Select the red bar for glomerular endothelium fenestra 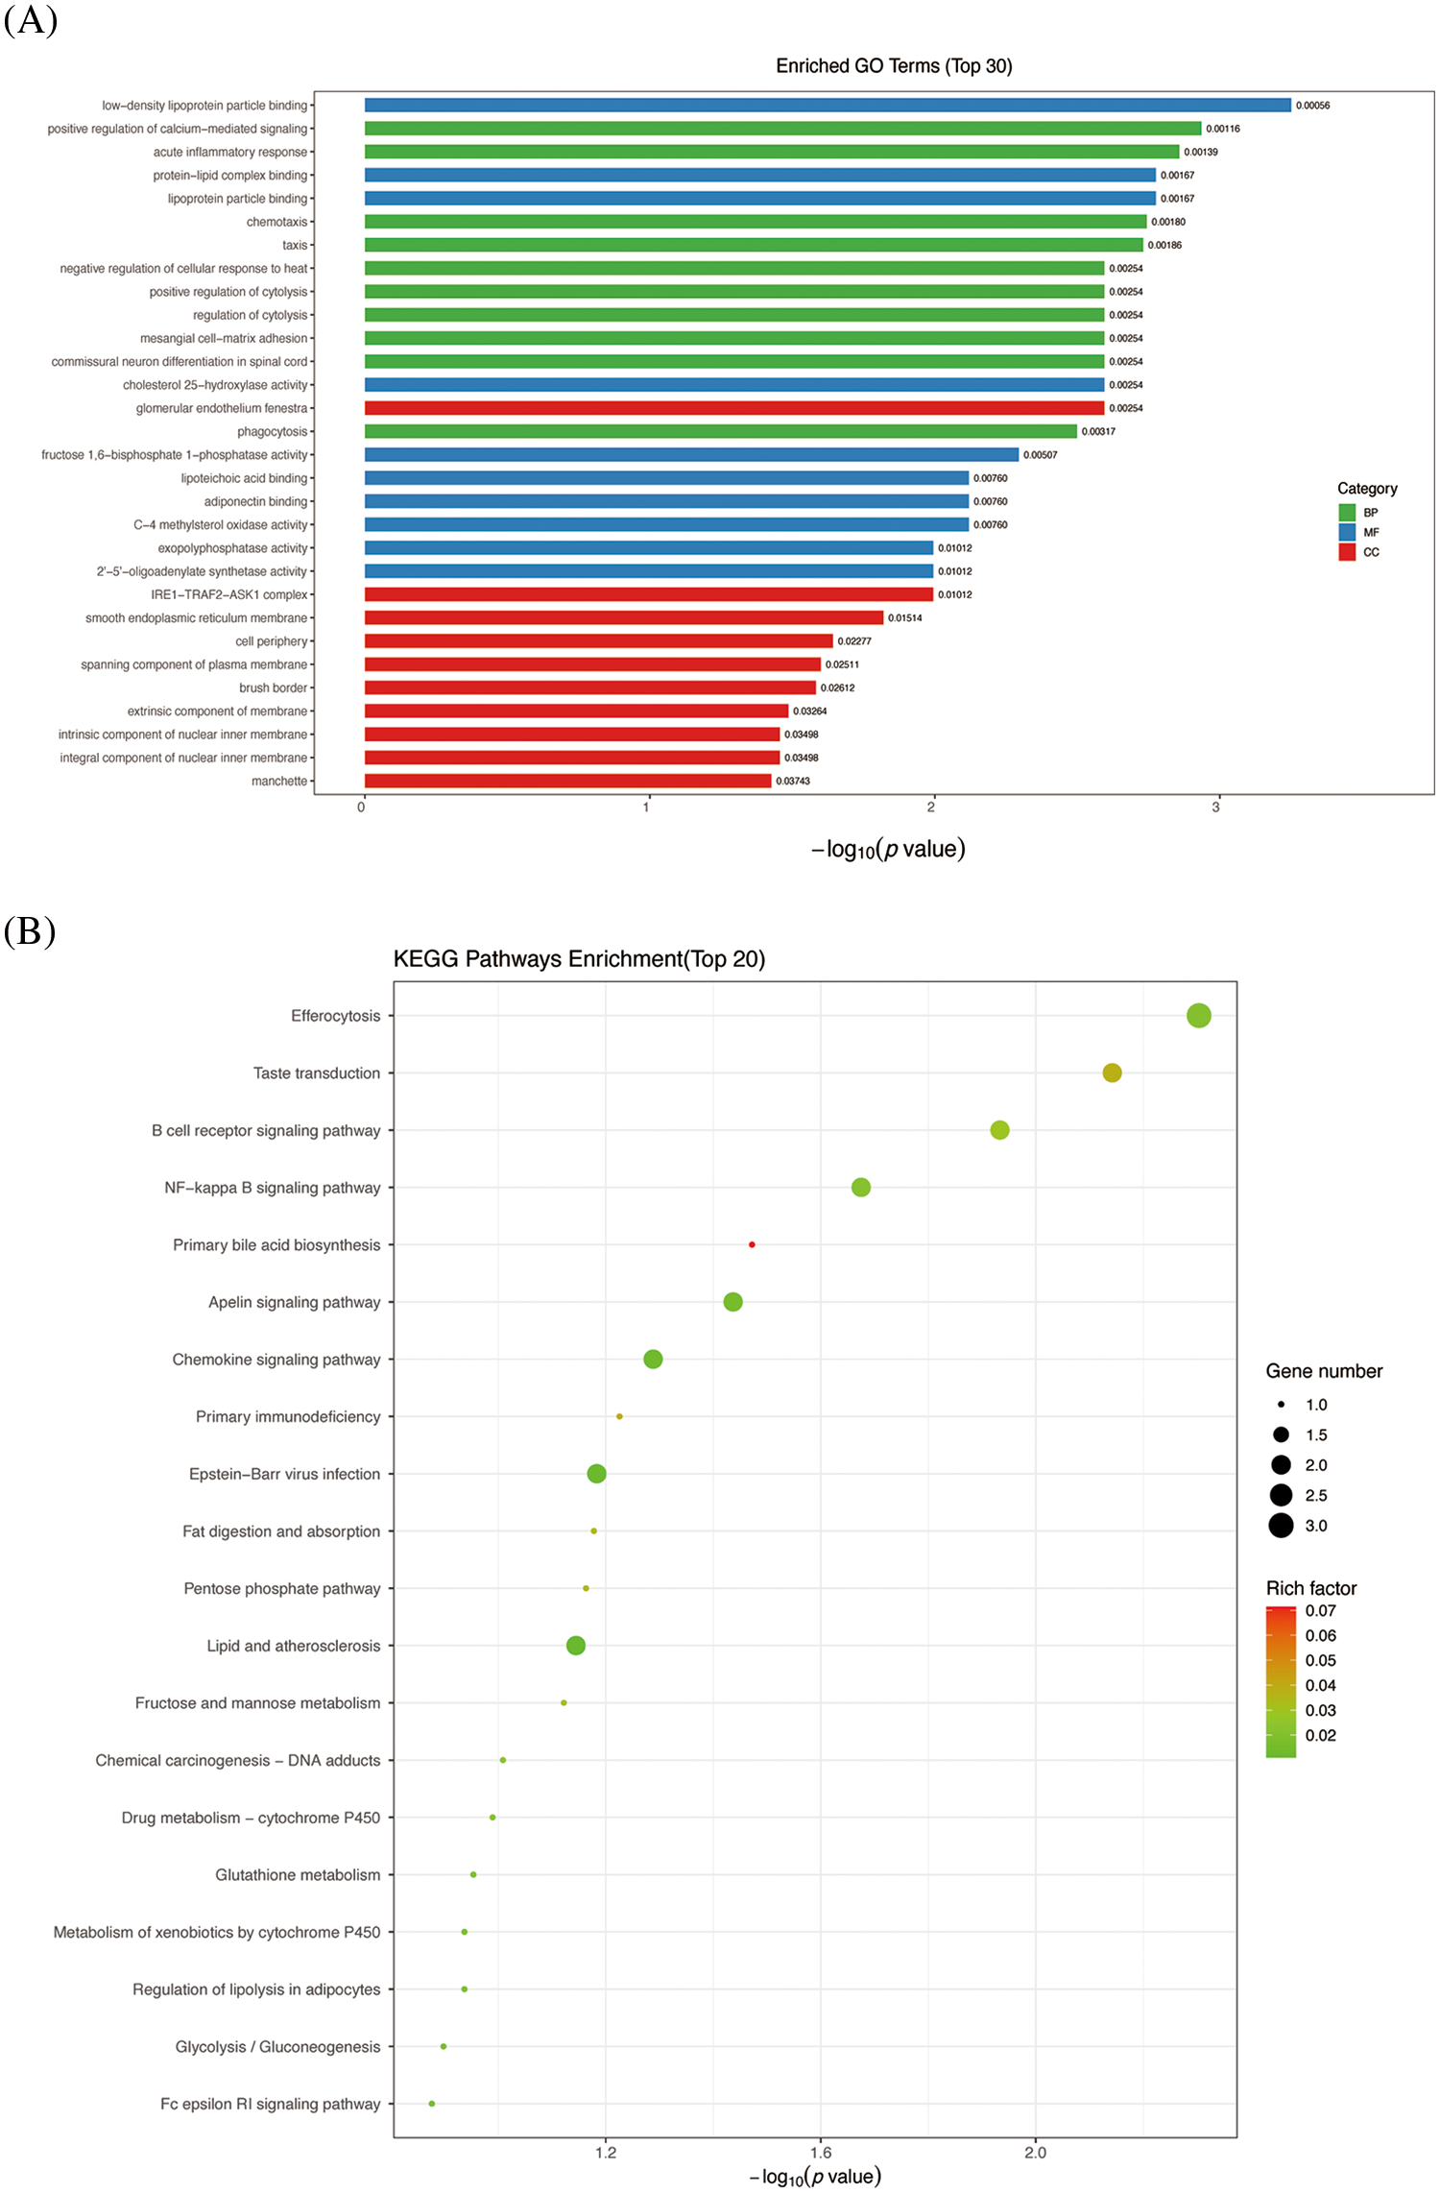[733, 408]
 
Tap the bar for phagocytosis [720, 431]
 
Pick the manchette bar [567, 781]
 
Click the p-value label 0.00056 [1312, 106]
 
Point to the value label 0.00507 [1040, 455]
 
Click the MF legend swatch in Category [1347, 532]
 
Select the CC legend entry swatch [1347, 552]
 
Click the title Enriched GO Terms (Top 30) [894, 66]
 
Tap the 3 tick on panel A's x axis [1215, 807]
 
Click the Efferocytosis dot [1198, 1016]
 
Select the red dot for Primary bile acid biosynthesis [752, 1244]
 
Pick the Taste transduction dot [1112, 1072]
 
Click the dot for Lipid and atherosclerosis [576, 1646]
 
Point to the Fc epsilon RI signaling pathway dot [432, 2104]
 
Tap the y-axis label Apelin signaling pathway [294, 1302]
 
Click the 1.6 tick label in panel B [820, 2153]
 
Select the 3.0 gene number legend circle [1281, 1526]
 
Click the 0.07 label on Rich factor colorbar [1320, 1611]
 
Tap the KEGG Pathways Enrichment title [579, 959]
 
